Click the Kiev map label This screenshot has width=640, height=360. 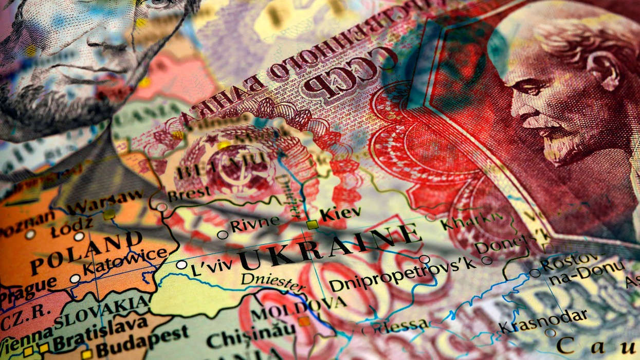click(340, 213)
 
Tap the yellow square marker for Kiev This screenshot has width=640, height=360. click(312, 224)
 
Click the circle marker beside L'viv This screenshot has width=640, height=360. click(181, 265)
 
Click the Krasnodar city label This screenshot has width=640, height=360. click(543, 320)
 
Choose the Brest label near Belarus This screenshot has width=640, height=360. click(189, 194)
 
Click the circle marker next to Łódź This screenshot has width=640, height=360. click(79, 237)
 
